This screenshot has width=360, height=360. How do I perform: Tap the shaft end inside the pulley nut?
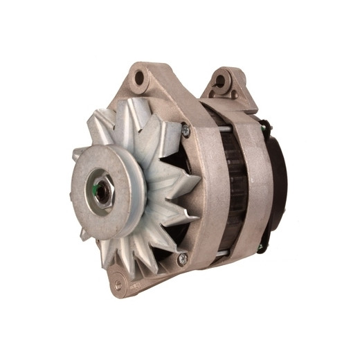pyautogui.click(x=102, y=190)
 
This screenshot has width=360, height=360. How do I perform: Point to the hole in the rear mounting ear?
pyautogui.click(x=222, y=81)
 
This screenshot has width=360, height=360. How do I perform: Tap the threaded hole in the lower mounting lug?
pyautogui.click(x=118, y=283)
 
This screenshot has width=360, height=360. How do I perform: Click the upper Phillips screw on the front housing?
pyautogui.click(x=185, y=129)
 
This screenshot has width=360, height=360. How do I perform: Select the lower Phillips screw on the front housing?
pyautogui.click(x=183, y=260)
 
